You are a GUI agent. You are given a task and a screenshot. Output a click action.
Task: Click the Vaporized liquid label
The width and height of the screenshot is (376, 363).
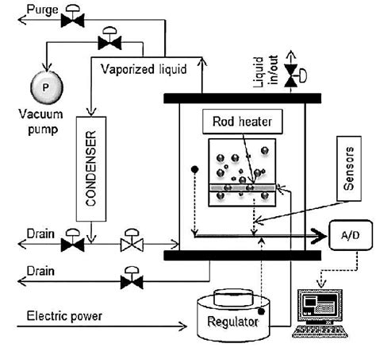[x=144, y=68]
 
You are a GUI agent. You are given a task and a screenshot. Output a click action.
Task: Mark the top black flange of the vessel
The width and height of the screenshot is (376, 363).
[x=242, y=97]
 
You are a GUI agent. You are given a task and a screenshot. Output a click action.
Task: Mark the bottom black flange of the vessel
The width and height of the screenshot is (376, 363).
[x=242, y=255]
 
